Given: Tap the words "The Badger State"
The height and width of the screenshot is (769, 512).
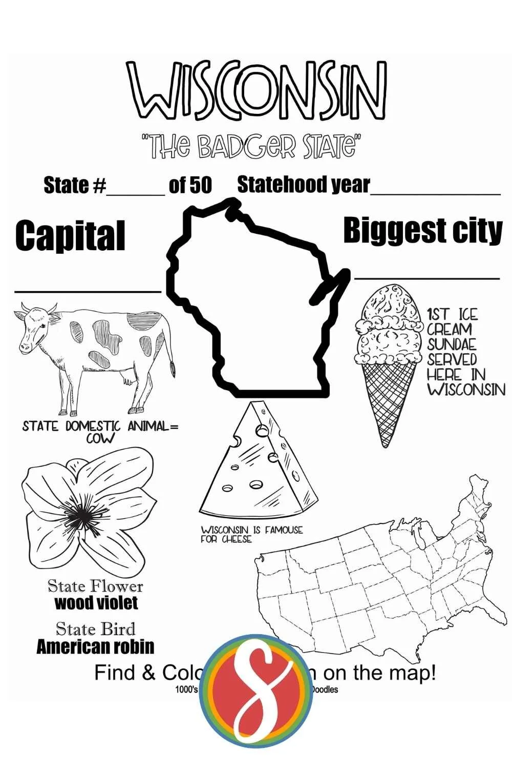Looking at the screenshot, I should [251, 146].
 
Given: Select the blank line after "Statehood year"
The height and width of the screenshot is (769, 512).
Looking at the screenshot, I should [435, 193].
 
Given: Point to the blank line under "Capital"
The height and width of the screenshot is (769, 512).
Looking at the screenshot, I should [88, 291].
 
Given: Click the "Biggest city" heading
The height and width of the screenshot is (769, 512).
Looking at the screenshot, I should [422, 231].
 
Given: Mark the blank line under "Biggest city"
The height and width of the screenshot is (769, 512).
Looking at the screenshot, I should [427, 278].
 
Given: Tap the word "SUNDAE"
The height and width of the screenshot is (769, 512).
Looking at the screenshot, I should [452, 344].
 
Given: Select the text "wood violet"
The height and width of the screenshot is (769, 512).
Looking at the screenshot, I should [96, 602].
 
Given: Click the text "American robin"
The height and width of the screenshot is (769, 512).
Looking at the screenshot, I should [95, 646].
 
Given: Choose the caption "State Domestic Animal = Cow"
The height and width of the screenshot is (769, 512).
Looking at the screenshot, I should [100, 431].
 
